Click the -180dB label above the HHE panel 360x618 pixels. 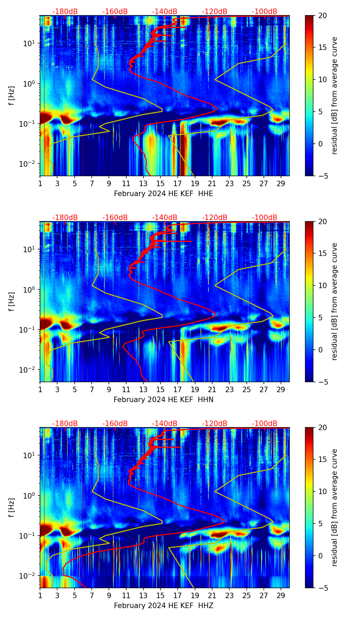(x=65, y=12)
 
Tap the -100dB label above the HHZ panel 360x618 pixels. (x=265, y=424)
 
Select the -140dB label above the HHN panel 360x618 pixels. (x=165, y=218)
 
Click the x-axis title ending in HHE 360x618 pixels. (x=163, y=194)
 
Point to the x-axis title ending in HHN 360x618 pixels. (x=163, y=400)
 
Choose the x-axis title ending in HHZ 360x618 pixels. (x=163, y=606)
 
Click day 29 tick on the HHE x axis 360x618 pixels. (x=281, y=183)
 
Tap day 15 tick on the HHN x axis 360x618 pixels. (x=160, y=389)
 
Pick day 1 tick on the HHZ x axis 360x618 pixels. (x=40, y=595)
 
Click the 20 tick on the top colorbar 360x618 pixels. (x=322, y=15)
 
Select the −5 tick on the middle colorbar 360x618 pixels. (x=322, y=382)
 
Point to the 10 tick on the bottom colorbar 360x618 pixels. (x=322, y=491)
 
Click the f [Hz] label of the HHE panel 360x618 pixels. (x=12, y=95)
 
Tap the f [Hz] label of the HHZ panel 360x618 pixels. (x=12, y=507)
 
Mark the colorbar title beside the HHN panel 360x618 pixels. (x=335, y=301)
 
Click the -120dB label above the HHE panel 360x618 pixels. (x=215, y=12)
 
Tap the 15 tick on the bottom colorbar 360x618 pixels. (x=322, y=460)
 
